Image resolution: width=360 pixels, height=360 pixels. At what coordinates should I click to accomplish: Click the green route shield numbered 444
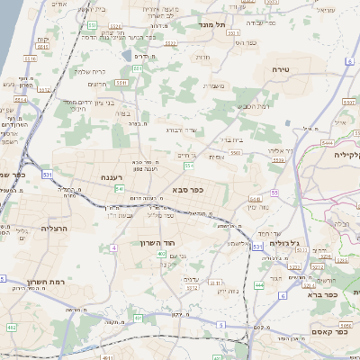tap(258, 284)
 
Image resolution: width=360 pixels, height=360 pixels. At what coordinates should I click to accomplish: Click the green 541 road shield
tap(119, 189)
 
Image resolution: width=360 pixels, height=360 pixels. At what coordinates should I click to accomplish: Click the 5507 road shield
tap(348, 104)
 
